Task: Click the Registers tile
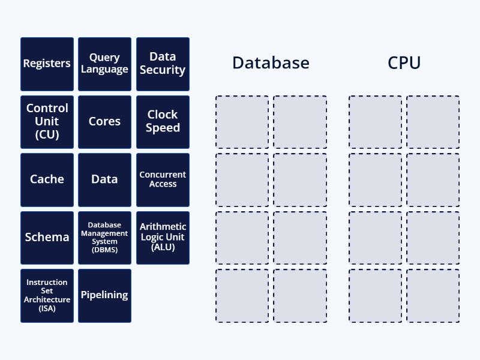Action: (x=47, y=64)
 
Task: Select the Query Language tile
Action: (x=104, y=64)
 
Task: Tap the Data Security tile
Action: (x=163, y=64)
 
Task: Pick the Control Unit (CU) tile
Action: (x=47, y=122)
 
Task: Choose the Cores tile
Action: (x=104, y=122)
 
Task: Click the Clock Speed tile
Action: (x=163, y=122)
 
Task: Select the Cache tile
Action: (x=47, y=179)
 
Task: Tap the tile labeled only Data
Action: (x=104, y=179)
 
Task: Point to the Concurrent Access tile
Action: (x=163, y=179)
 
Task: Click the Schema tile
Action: (x=47, y=238)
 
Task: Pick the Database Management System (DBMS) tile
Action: (x=104, y=238)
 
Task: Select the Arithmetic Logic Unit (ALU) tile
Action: (x=163, y=238)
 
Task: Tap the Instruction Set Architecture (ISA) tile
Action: (x=47, y=295)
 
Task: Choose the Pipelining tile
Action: (x=104, y=295)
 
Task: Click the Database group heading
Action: (x=271, y=63)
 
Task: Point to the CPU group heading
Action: (x=404, y=63)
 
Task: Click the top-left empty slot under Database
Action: (x=242, y=122)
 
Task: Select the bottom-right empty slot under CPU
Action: (x=433, y=296)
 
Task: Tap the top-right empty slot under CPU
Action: (x=433, y=122)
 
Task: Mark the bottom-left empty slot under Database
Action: (x=242, y=296)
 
